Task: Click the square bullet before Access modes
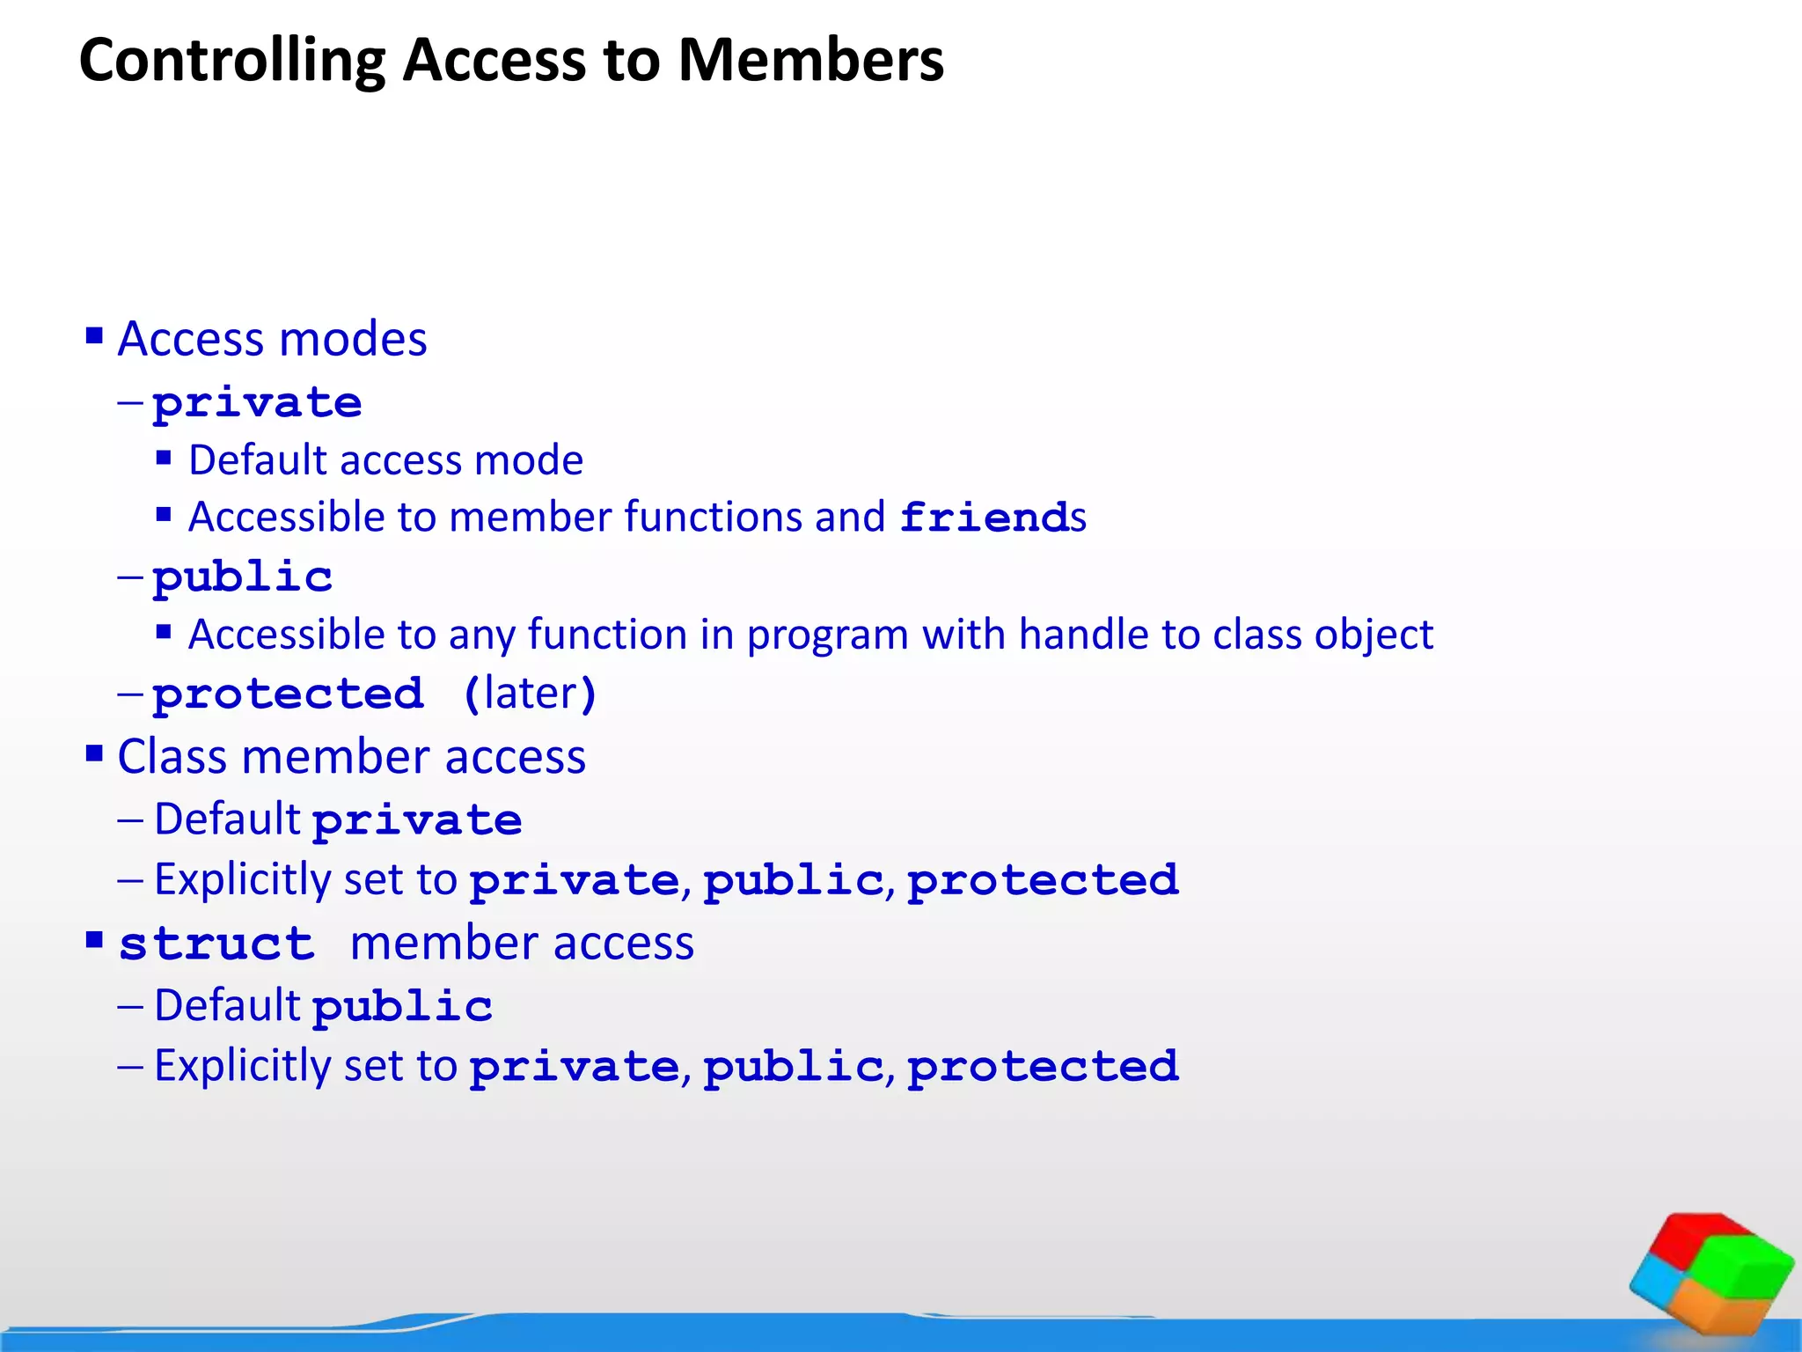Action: (94, 335)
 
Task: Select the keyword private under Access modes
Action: (257, 403)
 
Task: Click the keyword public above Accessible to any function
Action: (243, 577)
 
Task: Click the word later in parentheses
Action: (530, 694)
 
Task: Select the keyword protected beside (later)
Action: (288, 694)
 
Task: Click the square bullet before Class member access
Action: (94, 753)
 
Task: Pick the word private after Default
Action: (417, 820)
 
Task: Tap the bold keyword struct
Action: (216, 944)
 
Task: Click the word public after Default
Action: (402, 1006)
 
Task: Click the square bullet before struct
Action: (94, 940)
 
